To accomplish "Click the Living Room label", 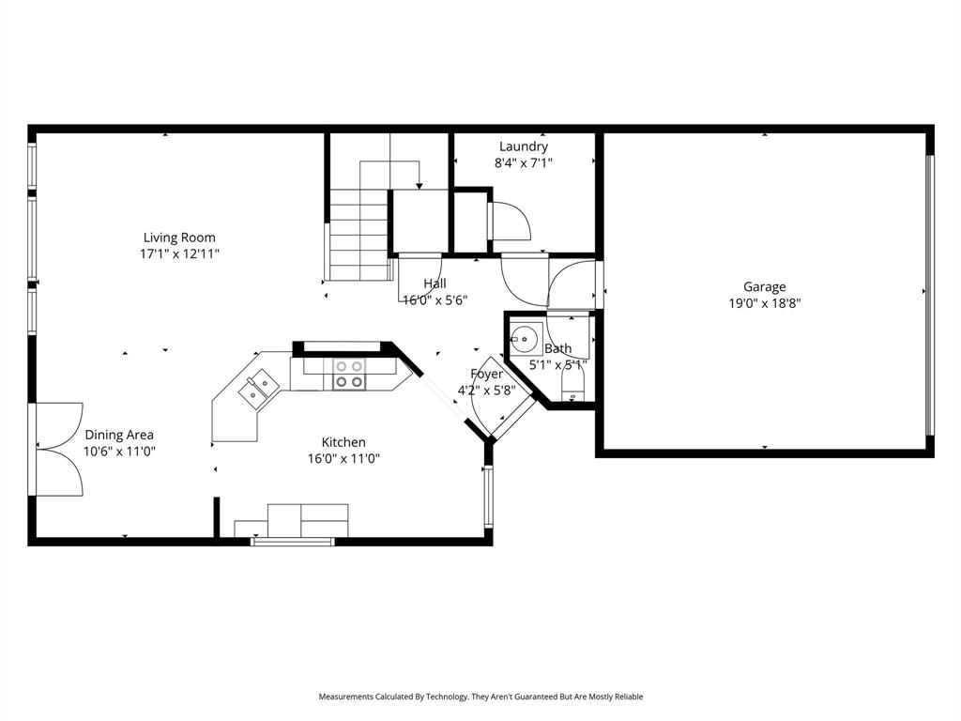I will pos(179,238).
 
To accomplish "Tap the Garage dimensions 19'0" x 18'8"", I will pos(765,303).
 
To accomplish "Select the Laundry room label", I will pos(524,146).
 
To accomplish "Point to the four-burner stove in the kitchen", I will pos(349,374).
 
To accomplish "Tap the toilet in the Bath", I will pos(572,384).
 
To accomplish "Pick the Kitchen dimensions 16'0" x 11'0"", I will pos(343,459).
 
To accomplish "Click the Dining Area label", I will pos(119,435).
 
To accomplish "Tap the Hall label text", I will pos(435,284).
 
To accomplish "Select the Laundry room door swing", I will pos(511,222).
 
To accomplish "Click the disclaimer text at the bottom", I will pos(480,697).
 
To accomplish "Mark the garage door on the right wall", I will pos(930,295).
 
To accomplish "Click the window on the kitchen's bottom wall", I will pos(293,541).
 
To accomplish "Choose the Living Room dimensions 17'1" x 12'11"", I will pos(179,254).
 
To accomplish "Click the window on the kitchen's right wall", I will pos(487,497).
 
